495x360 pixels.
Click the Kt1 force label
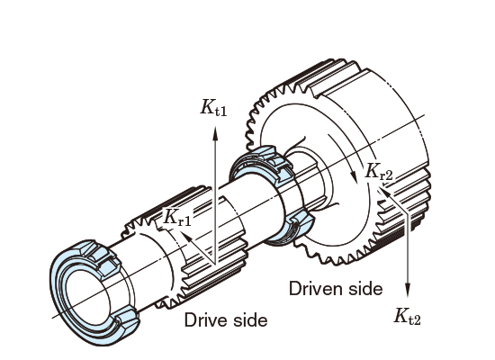pos(213,107)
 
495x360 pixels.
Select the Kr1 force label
pos(177,217)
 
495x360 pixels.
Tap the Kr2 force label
pos(379,172)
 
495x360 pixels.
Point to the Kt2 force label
pos(407,316)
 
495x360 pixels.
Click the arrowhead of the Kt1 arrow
pos(215,133)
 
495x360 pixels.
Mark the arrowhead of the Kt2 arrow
pos(408,290)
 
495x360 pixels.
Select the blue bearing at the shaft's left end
pos(94,292)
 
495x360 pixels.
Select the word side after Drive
pos(252,319)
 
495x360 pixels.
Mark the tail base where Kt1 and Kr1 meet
pos(215,265)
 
